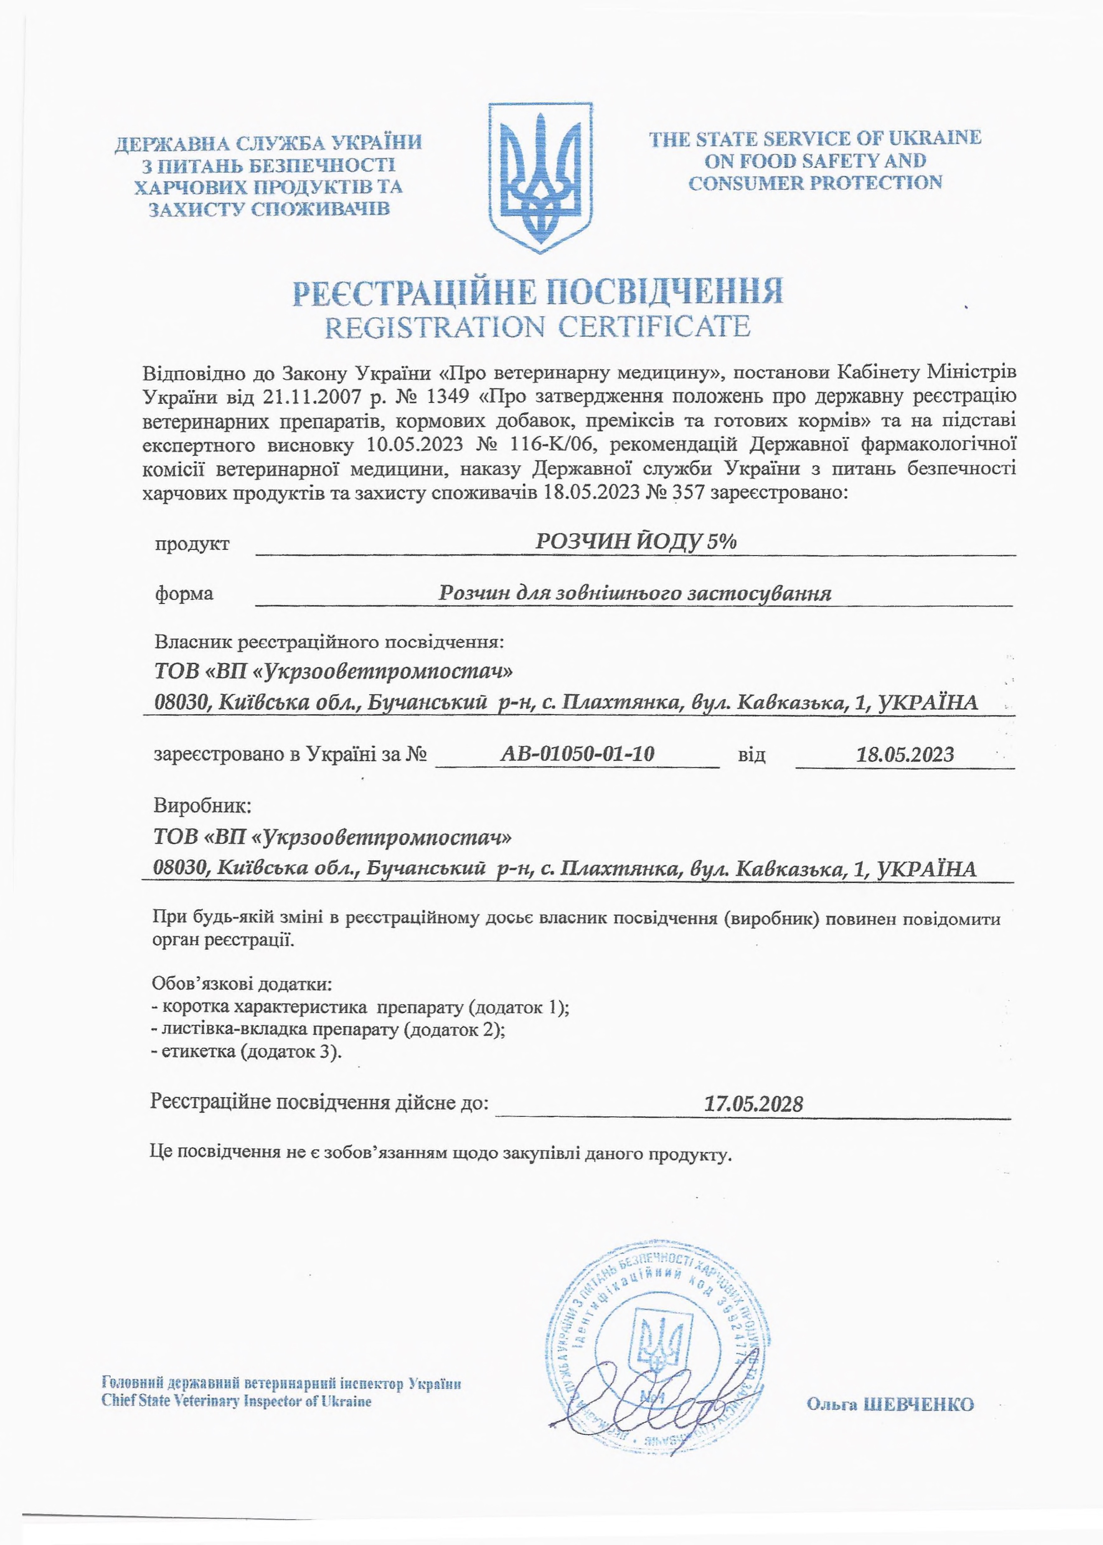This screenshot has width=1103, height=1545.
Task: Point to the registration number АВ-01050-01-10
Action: click(577, 753)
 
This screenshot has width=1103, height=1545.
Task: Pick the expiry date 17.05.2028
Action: click(754, 1103)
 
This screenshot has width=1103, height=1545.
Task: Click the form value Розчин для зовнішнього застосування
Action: click(635, 593)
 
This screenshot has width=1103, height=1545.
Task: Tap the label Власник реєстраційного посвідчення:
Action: click(329, 641)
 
